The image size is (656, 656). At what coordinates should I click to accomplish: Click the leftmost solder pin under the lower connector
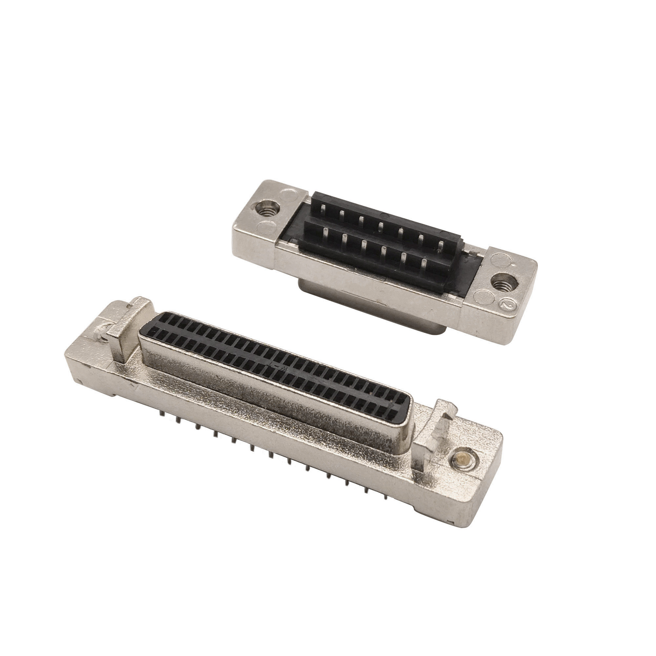point(160,415)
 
